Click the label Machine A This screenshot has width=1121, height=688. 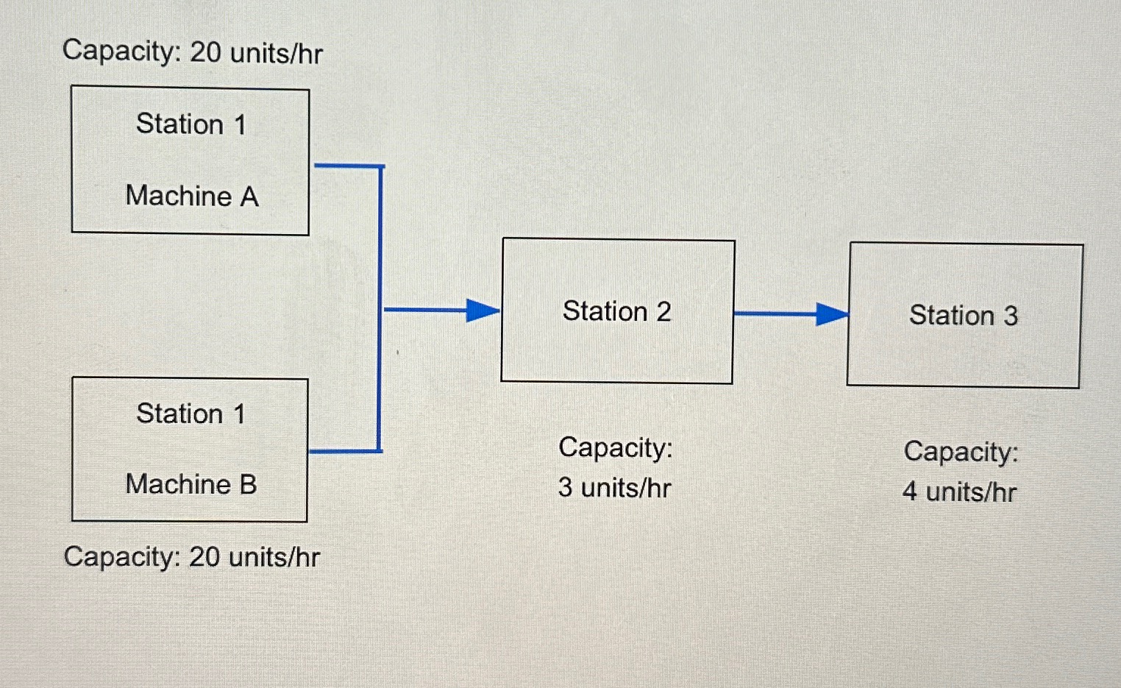click(x=192, y=196)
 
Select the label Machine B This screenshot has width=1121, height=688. click(x=191, y=484)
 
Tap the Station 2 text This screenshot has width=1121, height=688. click(x=616, y=311)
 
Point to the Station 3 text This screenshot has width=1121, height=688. click(x=964, y=316)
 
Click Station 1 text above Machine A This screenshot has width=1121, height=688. click(x=191, y=124)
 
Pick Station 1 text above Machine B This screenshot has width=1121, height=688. click(x=191, y=414)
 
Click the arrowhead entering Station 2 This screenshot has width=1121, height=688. click(x=483, y=311)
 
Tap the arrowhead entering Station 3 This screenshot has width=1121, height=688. click(x=831, y=315)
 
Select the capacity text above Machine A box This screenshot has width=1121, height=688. click(x=193, y=52)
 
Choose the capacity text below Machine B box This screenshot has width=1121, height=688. click(x=192, y=557)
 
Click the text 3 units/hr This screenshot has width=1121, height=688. click(x=615, y=488)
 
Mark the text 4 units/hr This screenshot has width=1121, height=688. click(x=960, y=492)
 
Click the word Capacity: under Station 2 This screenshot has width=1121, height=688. click(x=616, y=447)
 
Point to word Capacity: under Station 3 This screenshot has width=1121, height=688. click(x=961, y=451)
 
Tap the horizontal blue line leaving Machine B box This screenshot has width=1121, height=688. click(x=344, y=451)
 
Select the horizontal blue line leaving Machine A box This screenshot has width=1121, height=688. click(x=347, y=166)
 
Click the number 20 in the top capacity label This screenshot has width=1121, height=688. click(x=205, y=52)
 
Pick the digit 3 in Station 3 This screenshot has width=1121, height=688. click(x=1011, y=316)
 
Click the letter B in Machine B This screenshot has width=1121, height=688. click(x=248, y=485)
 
